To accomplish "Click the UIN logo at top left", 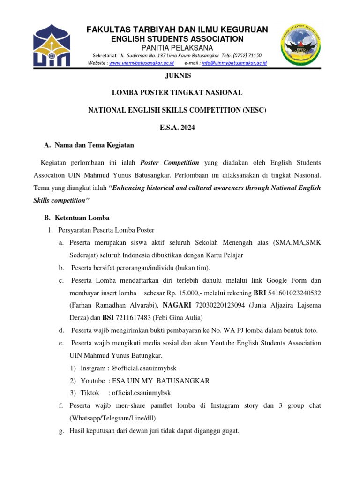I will pos(52,45).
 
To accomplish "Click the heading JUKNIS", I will pos(180,76).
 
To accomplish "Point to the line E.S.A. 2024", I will pos(180,127).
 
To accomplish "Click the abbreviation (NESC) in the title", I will pos(256,110).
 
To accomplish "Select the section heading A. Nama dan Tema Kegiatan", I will pos(89,145).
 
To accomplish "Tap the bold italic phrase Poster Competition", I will pos(170,163).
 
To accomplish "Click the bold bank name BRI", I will pos(260,293).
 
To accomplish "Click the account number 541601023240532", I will pos(295,293).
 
